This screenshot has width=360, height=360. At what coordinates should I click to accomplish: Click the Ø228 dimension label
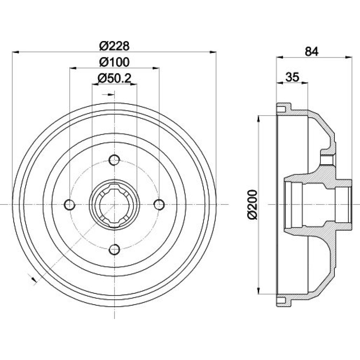[114, 46]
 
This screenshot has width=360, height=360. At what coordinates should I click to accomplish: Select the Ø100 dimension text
[114, 62]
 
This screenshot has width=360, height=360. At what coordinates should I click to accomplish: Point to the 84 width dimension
[311, 51]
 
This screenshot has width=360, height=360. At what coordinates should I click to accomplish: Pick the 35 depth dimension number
[292, 77]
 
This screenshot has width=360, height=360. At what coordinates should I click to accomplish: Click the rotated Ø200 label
[253, 204]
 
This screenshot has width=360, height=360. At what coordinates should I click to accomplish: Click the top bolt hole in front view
[114, 160]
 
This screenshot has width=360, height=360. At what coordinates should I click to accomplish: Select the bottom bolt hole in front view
[114, 249]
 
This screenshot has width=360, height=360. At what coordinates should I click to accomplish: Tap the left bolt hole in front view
[69, 204]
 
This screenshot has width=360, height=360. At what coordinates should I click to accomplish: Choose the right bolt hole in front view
[159, 204]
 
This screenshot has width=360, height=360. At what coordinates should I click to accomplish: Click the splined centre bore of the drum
[114, 204]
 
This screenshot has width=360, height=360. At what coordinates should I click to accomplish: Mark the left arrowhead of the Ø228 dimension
[15, 52]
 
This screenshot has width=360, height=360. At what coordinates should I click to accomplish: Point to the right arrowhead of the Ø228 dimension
[213, 52]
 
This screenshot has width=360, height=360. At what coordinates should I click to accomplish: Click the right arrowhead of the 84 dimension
[349, 57]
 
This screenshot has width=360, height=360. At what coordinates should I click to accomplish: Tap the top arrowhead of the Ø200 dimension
[259, 119]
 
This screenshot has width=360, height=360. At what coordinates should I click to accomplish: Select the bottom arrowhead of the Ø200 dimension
[259, 291]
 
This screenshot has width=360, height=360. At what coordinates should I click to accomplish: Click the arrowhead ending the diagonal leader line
[34, 280]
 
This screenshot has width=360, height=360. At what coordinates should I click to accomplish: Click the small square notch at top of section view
[281, 109]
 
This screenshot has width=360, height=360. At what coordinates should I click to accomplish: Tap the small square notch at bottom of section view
[281, 300]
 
